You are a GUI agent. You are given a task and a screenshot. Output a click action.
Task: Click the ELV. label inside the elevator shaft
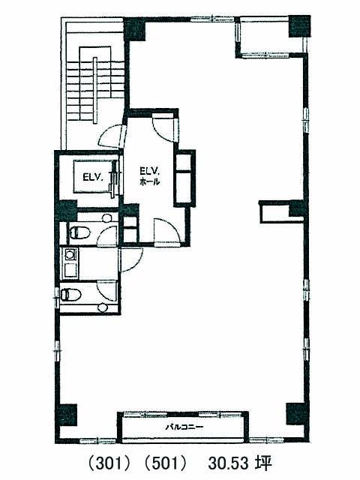(93, 178)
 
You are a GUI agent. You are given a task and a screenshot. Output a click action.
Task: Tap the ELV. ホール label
(150, 176)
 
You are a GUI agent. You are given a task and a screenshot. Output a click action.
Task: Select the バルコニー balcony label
(184, 427)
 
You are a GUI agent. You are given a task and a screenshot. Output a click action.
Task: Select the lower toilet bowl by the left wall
(71, 295)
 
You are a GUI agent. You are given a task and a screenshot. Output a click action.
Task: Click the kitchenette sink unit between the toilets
(70, 263)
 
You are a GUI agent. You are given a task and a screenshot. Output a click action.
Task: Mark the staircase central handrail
(95, 87)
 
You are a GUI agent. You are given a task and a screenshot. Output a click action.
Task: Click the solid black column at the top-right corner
(300, 27)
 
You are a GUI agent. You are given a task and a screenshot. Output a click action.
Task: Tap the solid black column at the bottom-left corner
(66, 415)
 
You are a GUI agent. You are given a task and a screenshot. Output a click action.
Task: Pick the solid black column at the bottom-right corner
(296, 414)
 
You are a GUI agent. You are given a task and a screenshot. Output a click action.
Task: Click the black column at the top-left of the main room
(135, 29)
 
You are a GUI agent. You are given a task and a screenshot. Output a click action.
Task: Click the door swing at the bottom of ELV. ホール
(167, 230)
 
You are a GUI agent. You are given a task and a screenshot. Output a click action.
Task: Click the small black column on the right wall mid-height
(296, 208)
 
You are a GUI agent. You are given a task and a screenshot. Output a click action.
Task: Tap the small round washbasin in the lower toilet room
(103, 307)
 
